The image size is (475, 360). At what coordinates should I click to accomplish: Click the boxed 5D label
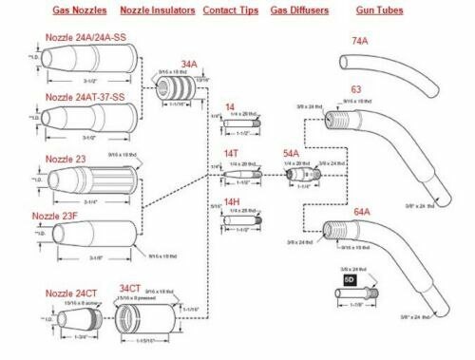point(349,280)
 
